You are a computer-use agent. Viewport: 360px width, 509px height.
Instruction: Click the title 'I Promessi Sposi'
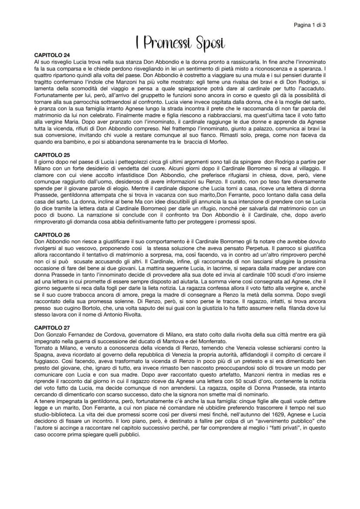[x=180, y=43]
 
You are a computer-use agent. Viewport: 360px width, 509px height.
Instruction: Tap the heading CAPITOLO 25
[x=52, y=155]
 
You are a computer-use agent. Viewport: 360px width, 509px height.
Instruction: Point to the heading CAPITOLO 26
[x=52, y=235]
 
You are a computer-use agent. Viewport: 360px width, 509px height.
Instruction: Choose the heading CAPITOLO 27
[x=52, y=327]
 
